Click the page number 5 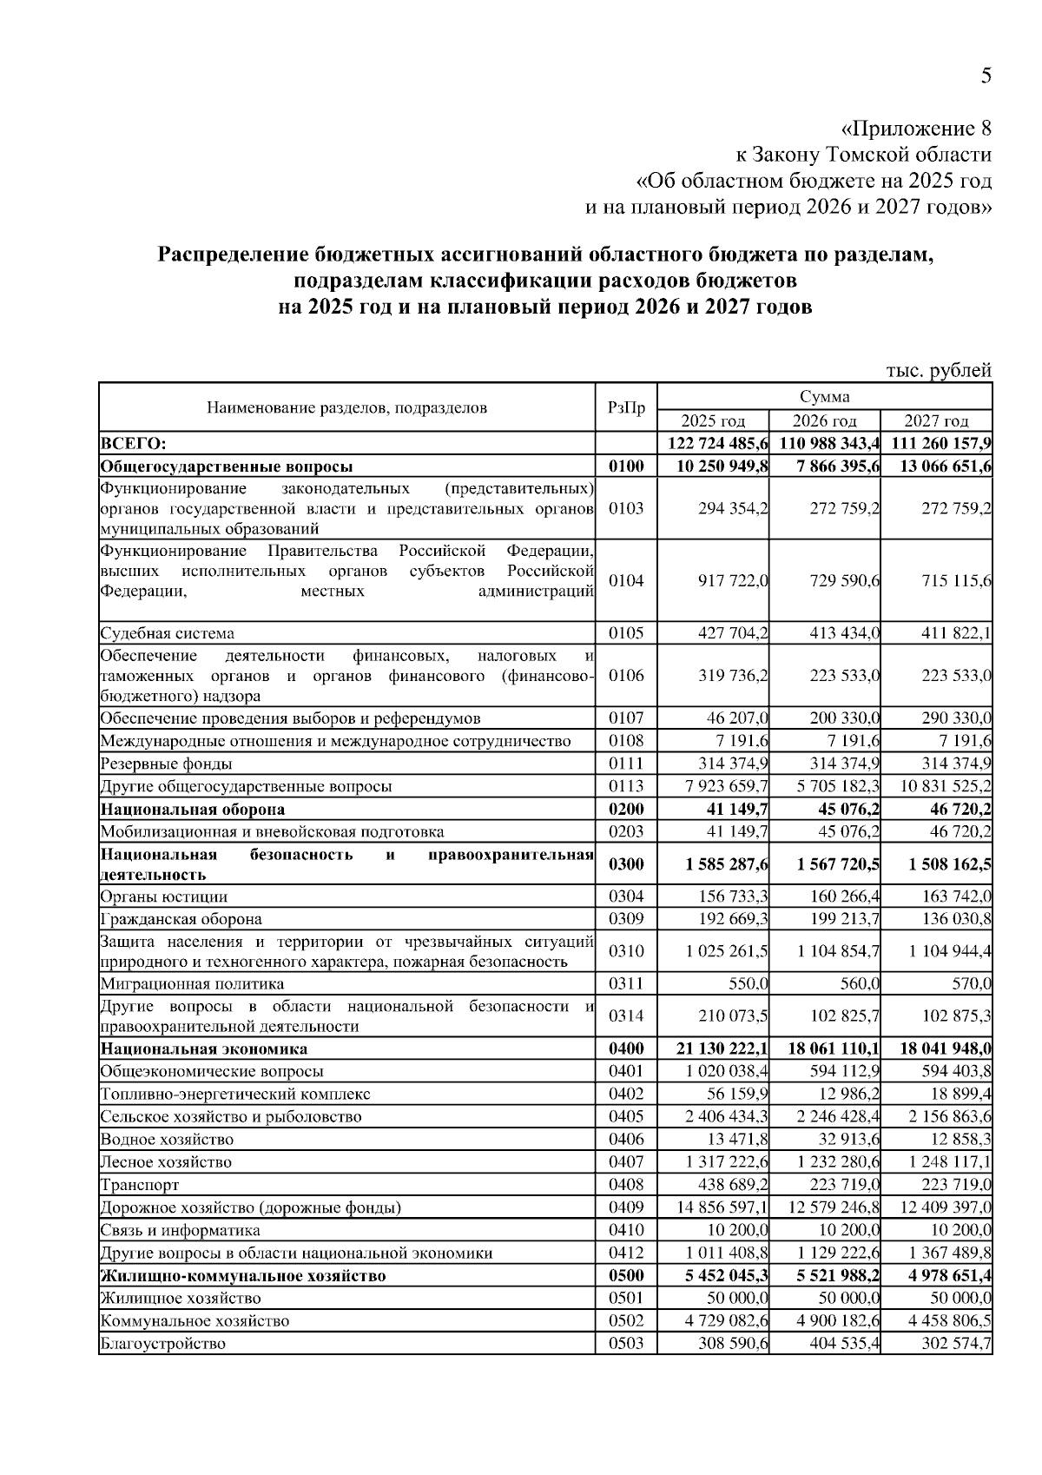pos(986,76)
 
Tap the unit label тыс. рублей pos(938,371)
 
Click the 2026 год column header pos(824,421)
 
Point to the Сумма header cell pos(824,397)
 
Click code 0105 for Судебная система pos(626,632)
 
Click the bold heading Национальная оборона pos(193,810)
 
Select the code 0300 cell pos(626,863)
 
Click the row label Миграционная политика pos(193,983)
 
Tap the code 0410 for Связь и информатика pos(626,1230)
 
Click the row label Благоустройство pos(163,1343)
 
